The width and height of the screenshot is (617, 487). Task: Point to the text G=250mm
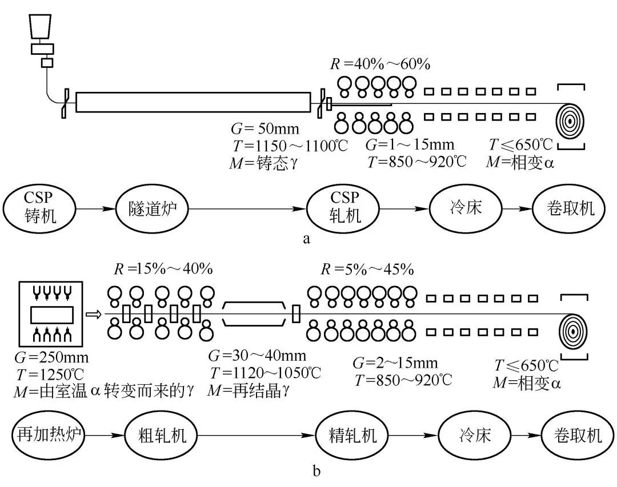click(54, 360)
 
